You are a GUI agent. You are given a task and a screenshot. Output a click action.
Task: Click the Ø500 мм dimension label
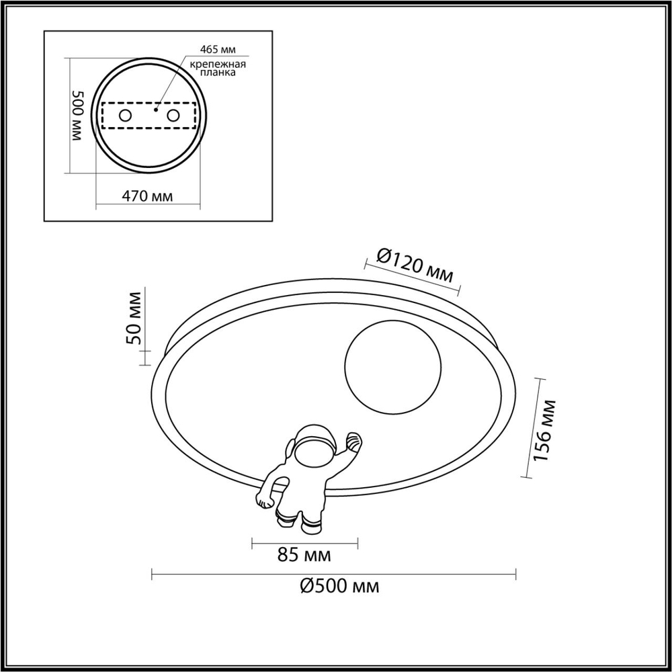click(339, 587)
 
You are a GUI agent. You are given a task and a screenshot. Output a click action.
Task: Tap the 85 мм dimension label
click(304, 556)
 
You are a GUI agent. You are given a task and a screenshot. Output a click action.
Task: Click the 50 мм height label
click(134, 318)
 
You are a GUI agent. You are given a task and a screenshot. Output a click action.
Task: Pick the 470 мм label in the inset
click(147, 196)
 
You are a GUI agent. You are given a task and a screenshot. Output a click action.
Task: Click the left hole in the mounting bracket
click(126, 116)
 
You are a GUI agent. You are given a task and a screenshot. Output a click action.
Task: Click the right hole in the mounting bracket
click(173, 116)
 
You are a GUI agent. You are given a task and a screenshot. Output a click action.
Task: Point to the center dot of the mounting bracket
click(155, 108)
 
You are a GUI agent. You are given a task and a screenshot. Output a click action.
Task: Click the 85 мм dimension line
click(304, 541)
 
